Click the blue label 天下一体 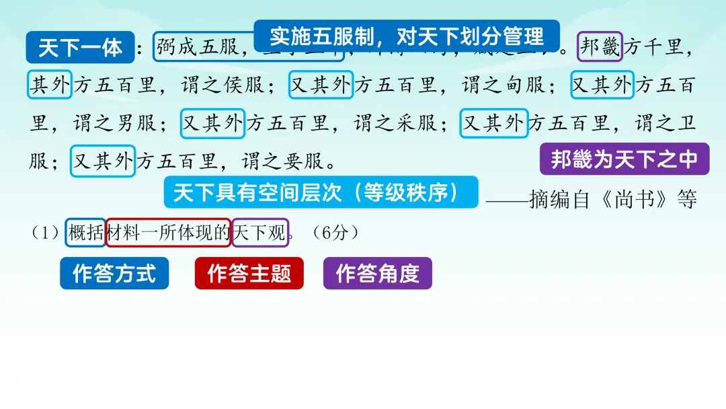(80, 48)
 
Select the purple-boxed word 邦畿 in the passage (600, 47)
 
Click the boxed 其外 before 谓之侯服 (50, 85)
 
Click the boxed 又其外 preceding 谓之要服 (103, 161)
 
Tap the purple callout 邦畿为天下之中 (624, 159)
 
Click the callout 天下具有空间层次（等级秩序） (321, 192)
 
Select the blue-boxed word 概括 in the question (85, 232)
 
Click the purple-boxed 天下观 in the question (259, 232)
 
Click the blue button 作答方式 (114, 273)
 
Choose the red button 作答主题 (249, 273)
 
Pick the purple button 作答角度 (377, 273)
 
